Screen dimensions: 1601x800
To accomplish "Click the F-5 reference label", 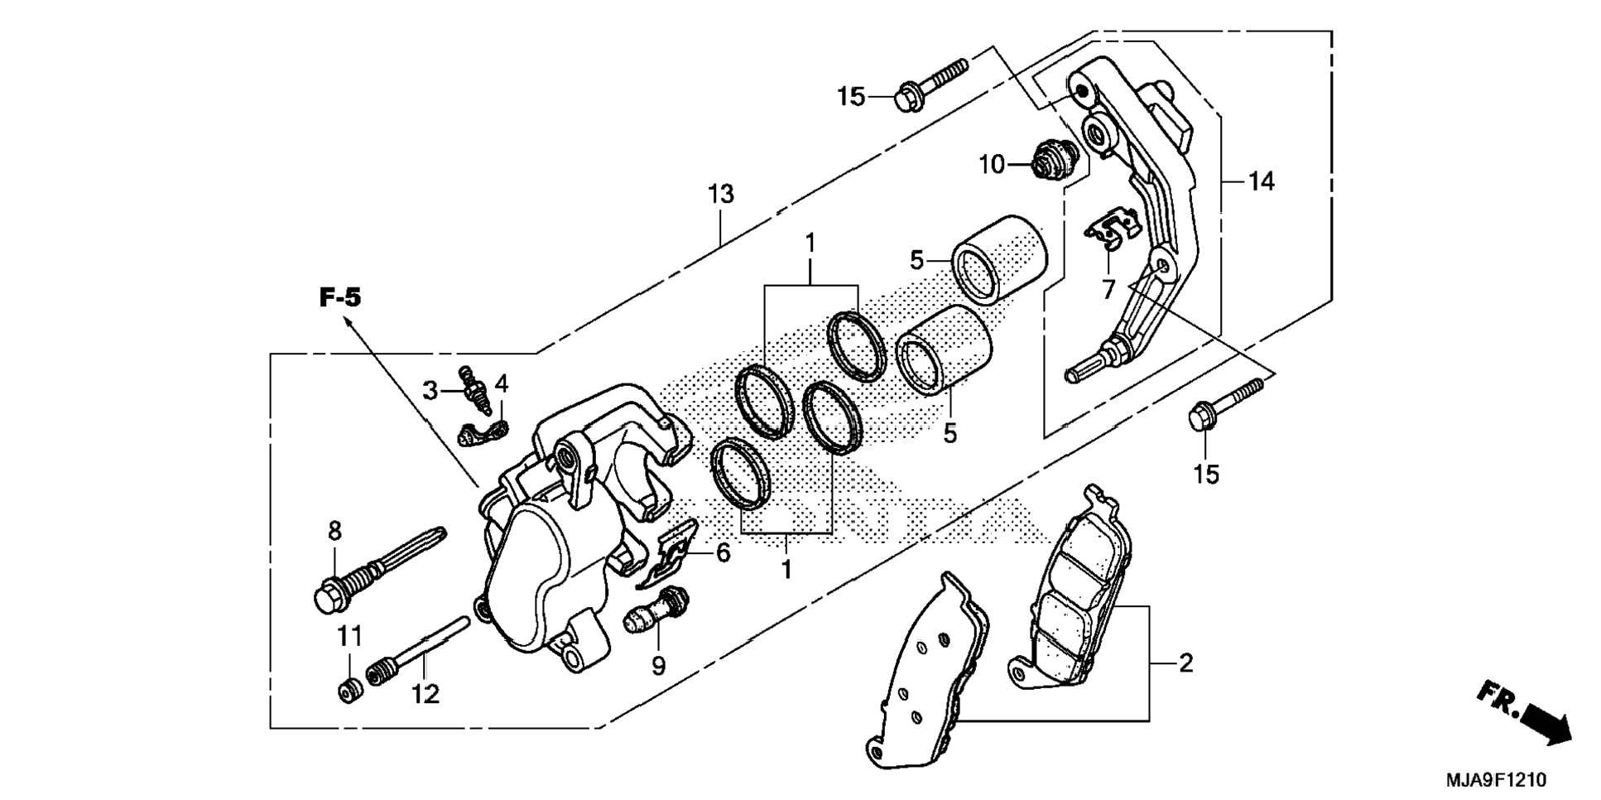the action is (x=340, y=298).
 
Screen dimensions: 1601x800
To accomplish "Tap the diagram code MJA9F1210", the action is (x=1495, y=780).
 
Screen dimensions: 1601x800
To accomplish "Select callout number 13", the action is (x=720, y=195).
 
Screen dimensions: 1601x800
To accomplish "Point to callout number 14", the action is (x=1261, y=181).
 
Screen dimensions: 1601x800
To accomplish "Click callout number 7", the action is (x=1108, y=290).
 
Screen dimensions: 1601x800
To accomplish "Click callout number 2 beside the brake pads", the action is (x=1185, y=663).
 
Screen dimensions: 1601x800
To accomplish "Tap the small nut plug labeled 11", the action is (x=349, y=689).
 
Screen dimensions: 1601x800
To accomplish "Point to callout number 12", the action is (x=425, y=694).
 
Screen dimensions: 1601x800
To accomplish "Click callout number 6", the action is (x=723, y=552).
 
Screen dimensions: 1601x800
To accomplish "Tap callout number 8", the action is (x=334, y=532).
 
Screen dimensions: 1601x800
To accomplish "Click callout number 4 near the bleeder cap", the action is (x=502, y=383).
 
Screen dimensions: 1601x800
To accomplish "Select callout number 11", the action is (x=349, y=636).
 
